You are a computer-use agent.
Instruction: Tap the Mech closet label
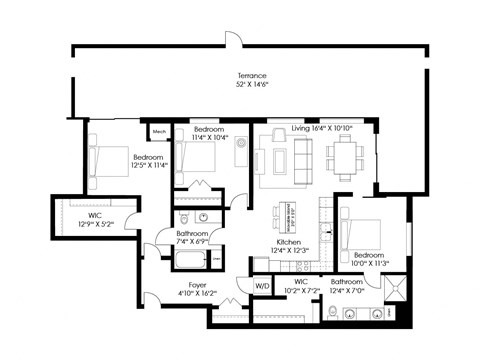tap(159, 131)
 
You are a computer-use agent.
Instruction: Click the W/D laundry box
tap(263, 286)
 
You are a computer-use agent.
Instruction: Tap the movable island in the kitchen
tap(291, 214)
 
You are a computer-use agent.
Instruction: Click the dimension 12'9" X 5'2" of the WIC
tap(91, 223)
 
